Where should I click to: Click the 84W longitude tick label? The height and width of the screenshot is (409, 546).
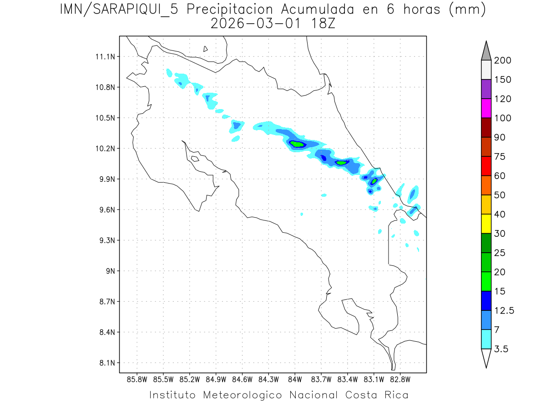pos(295,379)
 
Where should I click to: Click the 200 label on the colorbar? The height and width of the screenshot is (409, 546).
pos(502,60)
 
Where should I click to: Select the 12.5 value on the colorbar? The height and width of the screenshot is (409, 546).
pos(504,310)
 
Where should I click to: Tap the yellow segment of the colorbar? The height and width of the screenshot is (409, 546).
pos(486,224)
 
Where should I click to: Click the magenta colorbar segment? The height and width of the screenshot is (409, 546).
pos(486,108)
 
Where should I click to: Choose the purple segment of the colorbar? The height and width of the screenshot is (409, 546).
pos(486,89)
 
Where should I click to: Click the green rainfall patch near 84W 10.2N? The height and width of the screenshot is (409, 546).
pos(297,144)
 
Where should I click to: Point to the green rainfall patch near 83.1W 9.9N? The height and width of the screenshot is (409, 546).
pos(374,181)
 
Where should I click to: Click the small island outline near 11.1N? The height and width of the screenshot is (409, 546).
pos(206,49)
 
